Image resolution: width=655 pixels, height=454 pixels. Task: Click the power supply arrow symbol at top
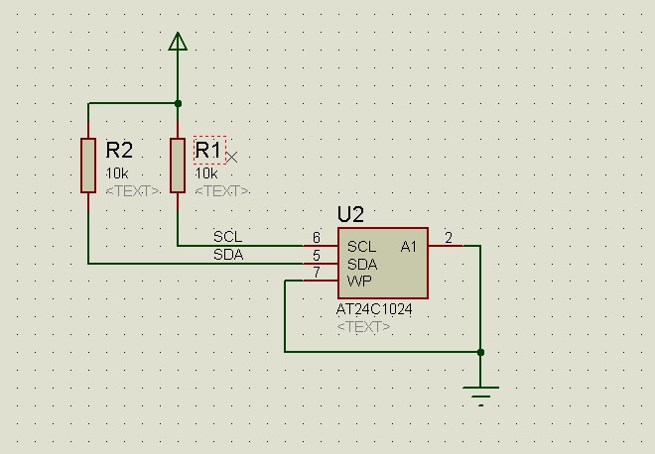[x=178, y=41]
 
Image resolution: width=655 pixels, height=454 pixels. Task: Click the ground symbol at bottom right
[x=481, y=395]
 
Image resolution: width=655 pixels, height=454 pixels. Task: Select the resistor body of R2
[x=88, y=166]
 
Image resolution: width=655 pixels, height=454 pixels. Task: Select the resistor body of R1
[x=178, y=166]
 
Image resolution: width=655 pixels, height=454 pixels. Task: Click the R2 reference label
[x=119, y=151]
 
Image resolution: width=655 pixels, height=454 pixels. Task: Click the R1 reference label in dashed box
[x=208, y=150]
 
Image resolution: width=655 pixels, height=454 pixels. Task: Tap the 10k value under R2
[x=117, y=173]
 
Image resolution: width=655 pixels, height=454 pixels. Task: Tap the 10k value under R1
[x=206, y=173]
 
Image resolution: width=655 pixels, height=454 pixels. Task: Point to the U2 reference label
[x=351, y=215]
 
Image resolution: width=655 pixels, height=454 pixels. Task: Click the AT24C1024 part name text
[x=374, y=309]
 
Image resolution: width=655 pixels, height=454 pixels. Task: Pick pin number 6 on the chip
[x=317, y=238]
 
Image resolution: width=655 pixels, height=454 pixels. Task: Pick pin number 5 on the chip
[x=317, y=256]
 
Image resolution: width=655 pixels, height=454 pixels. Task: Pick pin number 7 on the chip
[x=317, y=273]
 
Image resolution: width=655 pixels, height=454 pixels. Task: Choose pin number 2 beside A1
[x=449, y=238]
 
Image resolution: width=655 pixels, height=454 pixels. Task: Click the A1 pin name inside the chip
[x=409, y=246]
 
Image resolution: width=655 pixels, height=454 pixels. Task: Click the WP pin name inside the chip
[x=359, y=282]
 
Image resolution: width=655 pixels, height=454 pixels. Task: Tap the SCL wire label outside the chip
[x=227, y=237]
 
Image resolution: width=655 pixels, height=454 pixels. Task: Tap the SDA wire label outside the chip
[x=228, y=255]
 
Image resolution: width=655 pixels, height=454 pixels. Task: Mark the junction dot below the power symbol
[x=178, y=103]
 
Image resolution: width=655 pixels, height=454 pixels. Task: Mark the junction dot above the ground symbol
[x=481, y=352]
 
